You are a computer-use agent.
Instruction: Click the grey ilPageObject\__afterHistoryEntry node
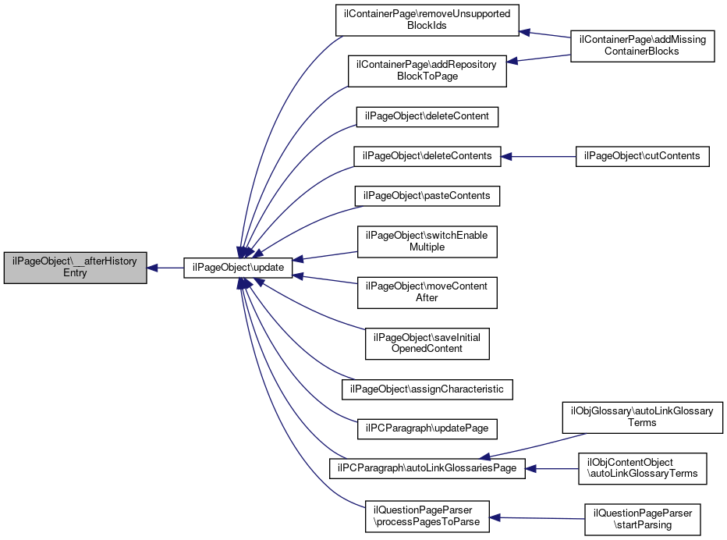click(x=75, y=268)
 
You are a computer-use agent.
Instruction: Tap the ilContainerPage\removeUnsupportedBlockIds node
click(x=427, y=20)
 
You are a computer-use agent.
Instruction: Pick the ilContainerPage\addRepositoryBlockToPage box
click(x=427, y=70)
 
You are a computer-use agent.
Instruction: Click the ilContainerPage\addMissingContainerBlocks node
click(x=642, y=45)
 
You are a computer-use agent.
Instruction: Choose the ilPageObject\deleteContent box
click(x=427, y=116)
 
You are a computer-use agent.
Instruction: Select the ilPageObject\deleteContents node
click(x=427, y=156)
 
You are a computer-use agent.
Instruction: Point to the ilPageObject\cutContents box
click(x=642, y=156)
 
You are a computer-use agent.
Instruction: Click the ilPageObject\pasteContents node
click(x=427, y=196)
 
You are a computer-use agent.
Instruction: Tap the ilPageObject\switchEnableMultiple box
click(x=427, y=241)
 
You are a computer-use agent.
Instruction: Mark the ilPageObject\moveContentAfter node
click(x=427, y=292)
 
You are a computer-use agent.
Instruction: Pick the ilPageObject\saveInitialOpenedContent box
click(x=427, y=343)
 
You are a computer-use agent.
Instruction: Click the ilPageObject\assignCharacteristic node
click(x=427, y=389)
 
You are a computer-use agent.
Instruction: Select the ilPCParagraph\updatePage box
click(x=427, y=428)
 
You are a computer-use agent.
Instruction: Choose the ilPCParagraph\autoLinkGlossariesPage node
click(x=427, y=468)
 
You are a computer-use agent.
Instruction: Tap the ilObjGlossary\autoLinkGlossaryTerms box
click(x=642, y=417)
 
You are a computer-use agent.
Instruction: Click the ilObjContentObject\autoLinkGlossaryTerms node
click(x=642, y=468)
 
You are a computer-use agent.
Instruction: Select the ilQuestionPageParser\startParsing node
click(x=642, y=519)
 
